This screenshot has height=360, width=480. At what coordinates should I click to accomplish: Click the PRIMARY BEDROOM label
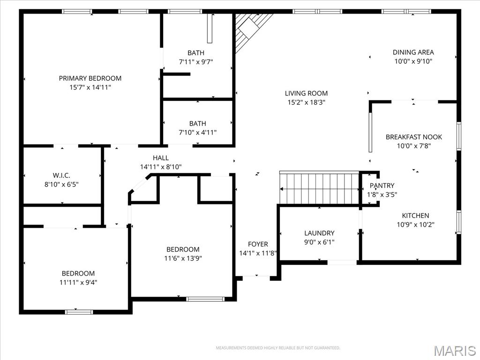click(x=90, y=78)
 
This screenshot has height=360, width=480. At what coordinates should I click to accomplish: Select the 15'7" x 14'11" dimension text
click(x=90, y=87)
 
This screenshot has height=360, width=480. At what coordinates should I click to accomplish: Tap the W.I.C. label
click(x=61, y=175)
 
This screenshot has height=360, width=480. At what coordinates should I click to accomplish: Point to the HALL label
click(x=161, y=158)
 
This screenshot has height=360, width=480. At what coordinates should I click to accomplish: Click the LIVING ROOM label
click(x=306, y=93)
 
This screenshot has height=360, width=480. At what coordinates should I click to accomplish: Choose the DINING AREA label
click(x=413, y=52)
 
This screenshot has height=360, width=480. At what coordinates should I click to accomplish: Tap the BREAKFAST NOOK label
click(x=414, y=137)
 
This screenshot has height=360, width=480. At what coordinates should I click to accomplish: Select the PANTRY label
click(x=382, y=186)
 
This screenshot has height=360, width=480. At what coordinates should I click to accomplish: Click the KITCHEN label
click(x=415, y=216)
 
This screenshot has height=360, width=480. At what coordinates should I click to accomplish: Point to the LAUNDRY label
click(x=319, y=233)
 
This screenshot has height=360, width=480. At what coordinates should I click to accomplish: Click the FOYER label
click(x=258, y=244)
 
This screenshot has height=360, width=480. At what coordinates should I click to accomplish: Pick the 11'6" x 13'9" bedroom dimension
click(x=183, y=258)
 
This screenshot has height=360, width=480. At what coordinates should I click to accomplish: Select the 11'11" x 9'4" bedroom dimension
click(x=78, y=282)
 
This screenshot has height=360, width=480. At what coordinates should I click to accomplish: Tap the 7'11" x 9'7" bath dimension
click(x=196, y=62)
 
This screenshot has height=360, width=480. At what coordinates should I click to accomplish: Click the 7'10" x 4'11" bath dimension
click(x=197, y=133)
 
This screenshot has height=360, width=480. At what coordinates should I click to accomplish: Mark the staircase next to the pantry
click(x=319, y=188)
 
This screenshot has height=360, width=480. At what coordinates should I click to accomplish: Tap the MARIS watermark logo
click(x=455, y=351)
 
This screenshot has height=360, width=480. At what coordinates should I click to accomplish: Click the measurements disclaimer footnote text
click(x=278, y=348)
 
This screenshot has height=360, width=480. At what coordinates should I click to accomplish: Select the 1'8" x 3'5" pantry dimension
click(x=382, y=195)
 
